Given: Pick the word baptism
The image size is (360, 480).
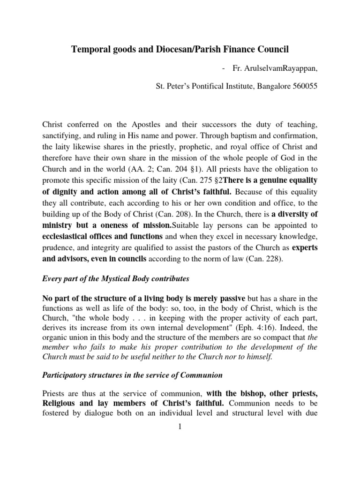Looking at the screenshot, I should pos(217,135).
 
